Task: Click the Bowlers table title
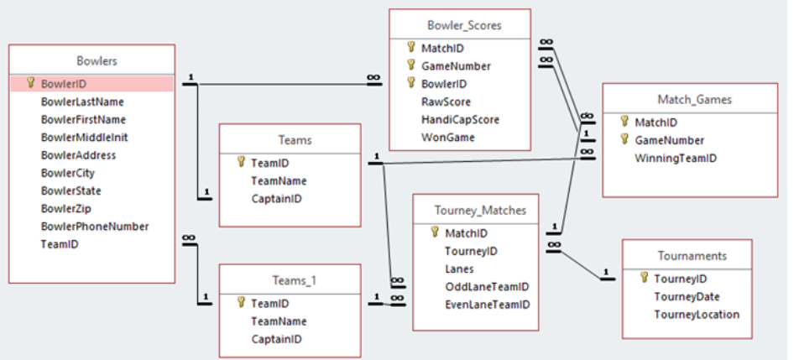(x=97, y=60)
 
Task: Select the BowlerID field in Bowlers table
(x=64, y=84)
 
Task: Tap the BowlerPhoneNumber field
(x=95, y=227)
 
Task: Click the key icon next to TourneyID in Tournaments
(x=643, y=279)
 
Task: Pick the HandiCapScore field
(x=460, y=120)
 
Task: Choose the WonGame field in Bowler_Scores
(x=447, y=138)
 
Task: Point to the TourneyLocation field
(x=697, y=315)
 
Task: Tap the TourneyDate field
(x=687, y=297)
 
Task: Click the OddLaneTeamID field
(x=486, y=287)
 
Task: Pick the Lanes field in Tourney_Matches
(x=459, y=269)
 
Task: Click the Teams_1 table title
(x=289, y=280)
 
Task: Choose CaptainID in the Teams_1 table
(x=276, y=339)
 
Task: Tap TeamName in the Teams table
(x=279, y=181)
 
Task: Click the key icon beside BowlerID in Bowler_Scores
(x=411, y=84)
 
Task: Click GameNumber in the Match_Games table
(x=669, y=140)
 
